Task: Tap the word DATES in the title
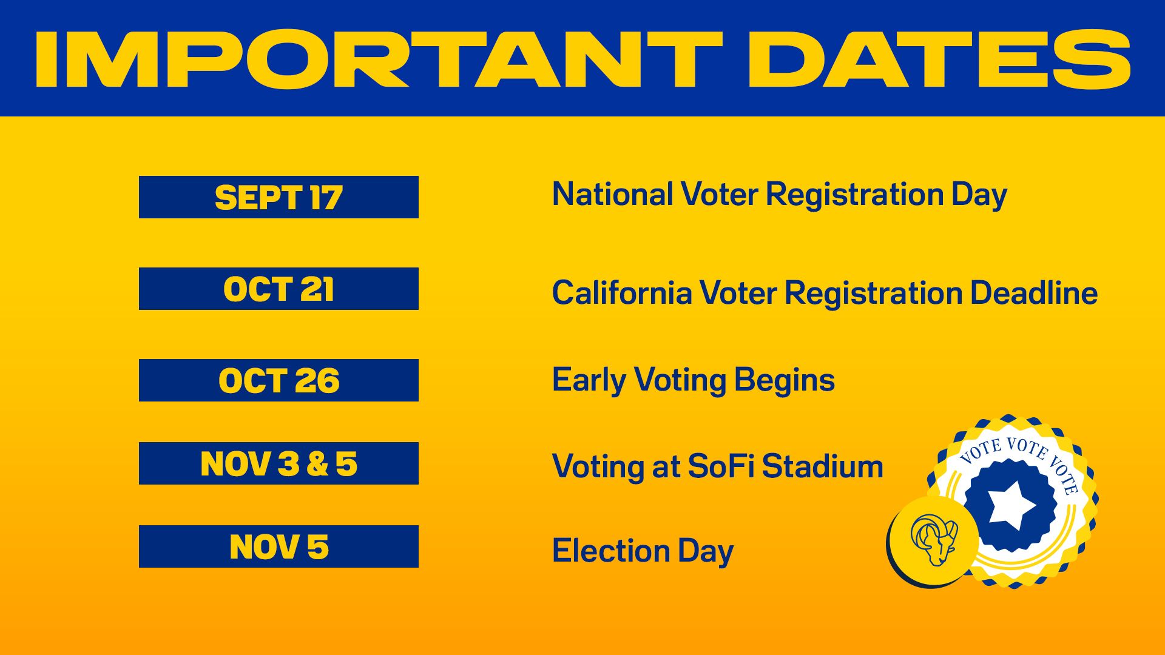939,59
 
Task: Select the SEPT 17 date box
279,197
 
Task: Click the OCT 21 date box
279,289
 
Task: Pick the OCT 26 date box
279,380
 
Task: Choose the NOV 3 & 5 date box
279,463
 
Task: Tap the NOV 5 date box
279,546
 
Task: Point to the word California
621,293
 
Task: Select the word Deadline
1033,293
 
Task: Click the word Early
588,381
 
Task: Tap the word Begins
784,381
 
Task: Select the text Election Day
643,551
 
